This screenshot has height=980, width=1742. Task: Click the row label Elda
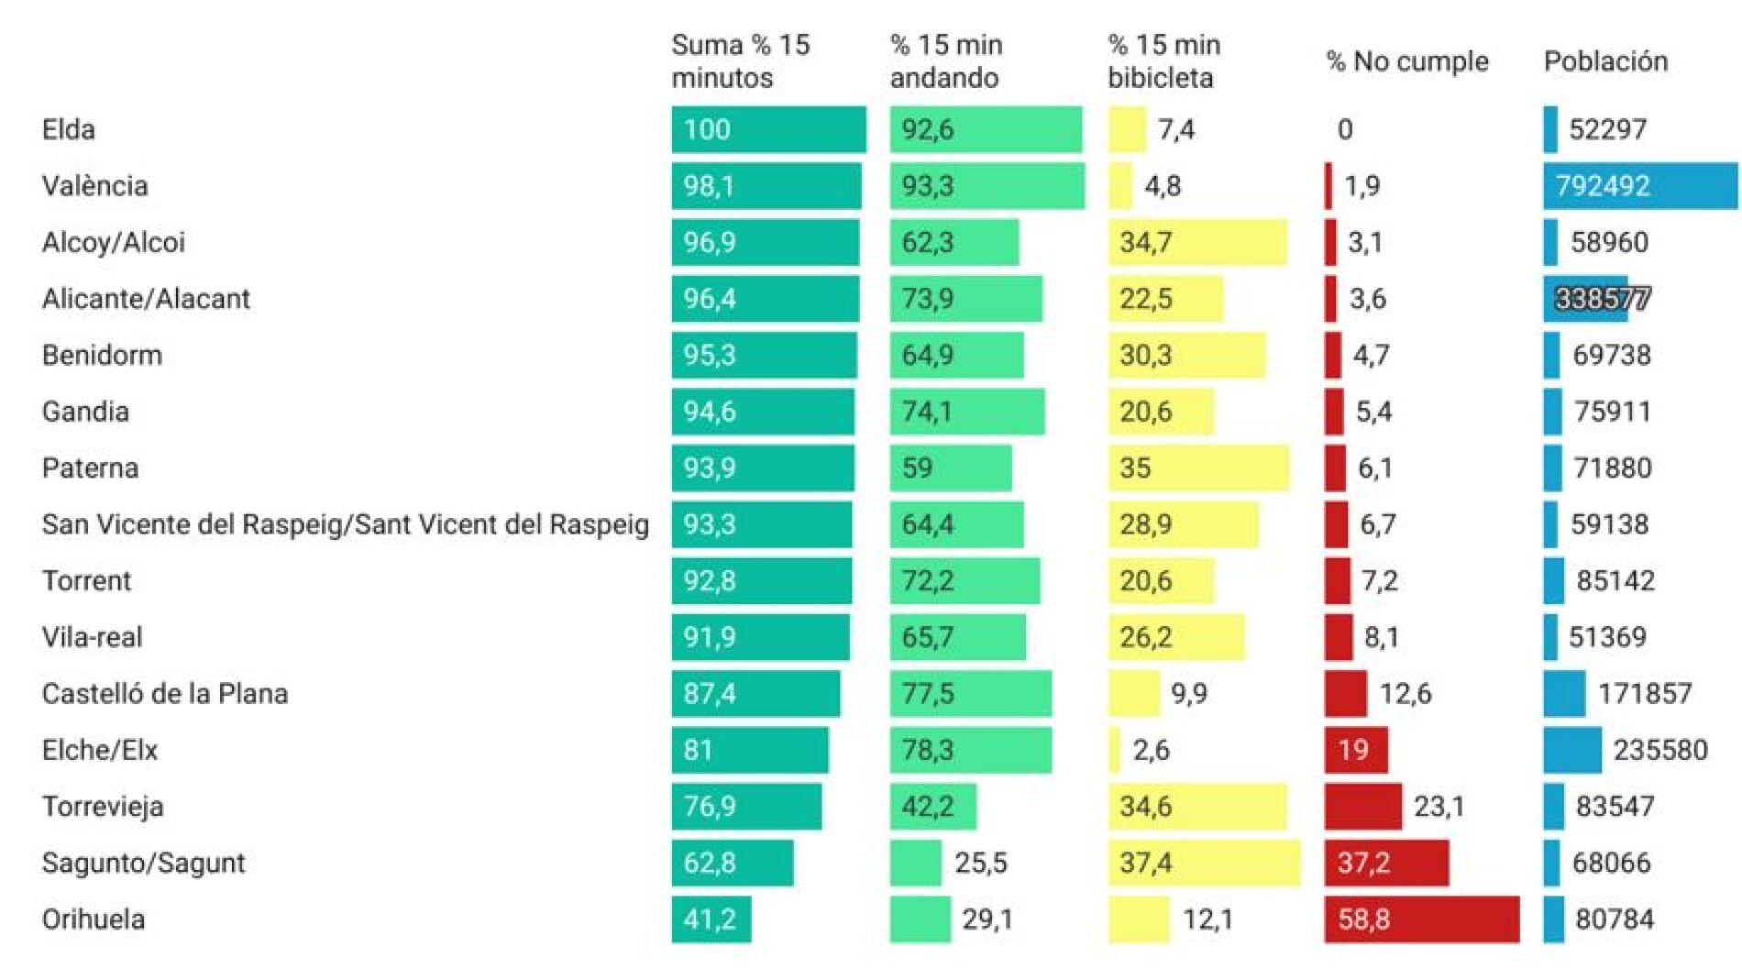coord(69,129)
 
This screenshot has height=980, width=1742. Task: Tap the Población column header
coord(1605,61)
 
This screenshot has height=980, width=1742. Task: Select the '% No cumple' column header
coord(1407,61)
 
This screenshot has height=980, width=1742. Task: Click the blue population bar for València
coord(1640,186)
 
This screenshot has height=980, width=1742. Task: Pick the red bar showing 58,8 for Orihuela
coord(1421,919)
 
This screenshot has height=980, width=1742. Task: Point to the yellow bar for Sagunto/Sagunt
coord(1204,863)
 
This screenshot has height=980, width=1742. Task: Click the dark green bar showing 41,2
coord(711,919)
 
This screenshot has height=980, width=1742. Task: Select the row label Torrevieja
coord(103,807)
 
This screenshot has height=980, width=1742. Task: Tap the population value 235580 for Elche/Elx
coord(1660,750)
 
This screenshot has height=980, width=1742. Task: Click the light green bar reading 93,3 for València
coord(987,186)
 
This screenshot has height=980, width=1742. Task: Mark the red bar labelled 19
coord(1355,750)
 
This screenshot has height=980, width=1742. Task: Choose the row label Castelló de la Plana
coord(165,694)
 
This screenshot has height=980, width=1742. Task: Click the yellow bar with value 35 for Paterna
coord(1198,468)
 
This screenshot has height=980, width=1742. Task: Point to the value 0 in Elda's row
coord(1345,129)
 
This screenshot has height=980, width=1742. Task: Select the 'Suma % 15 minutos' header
coord(741,61)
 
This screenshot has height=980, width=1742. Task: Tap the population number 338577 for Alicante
coord(1603,299)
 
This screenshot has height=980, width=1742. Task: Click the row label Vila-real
coord(93,637)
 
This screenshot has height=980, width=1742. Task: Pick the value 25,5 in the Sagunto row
coord(981,863)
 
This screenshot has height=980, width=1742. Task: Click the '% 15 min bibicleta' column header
coord(1163,61)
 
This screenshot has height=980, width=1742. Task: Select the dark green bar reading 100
coord(768,129)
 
